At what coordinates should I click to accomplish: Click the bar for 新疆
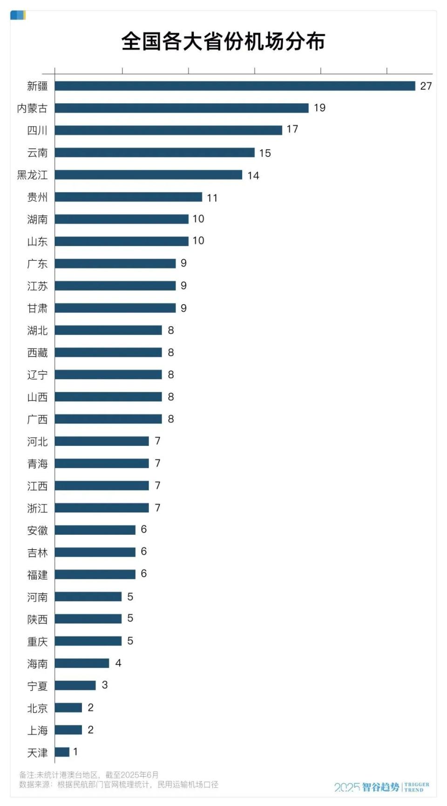coord(235,86)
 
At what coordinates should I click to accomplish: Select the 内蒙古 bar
coord(182,108)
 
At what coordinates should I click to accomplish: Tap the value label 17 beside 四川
coord(292,129)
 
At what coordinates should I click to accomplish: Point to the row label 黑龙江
coord(32,175)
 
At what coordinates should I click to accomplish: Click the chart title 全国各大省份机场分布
coord(223,41)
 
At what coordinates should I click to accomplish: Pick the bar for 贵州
coord(129,197)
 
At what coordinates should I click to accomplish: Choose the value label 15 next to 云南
coord(265,153)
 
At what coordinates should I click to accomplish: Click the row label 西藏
coord(37,353)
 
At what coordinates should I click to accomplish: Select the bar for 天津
coord(62,752)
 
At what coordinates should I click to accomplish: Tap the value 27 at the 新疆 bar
coord(426,86)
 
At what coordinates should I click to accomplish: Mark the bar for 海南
coord(82,663)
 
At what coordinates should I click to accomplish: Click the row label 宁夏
coord(37,686)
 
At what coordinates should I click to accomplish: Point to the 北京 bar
coord(68,708)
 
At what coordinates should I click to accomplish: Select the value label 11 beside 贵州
coord(212,198)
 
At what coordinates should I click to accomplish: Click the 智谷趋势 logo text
coord(380,787)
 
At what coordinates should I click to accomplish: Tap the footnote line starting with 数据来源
coord(119,785)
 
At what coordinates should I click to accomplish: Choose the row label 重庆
coord(37,642)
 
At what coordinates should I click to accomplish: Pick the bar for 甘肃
coord(115,308)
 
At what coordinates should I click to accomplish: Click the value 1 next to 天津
coord(75,752)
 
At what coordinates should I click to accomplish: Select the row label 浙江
coord(37,508)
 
